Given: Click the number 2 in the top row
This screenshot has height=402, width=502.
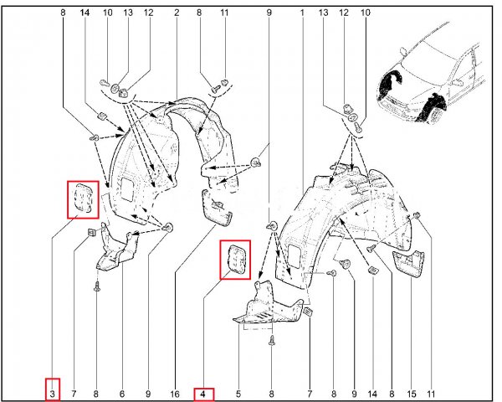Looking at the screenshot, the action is (177, 13).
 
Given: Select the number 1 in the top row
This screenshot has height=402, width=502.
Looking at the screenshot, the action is (302, 13).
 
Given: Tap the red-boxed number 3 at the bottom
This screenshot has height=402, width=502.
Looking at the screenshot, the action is (53, 394).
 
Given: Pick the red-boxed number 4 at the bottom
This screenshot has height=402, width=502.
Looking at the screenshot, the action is (203, 394).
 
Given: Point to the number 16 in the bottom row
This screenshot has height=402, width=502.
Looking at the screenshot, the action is (175, 394).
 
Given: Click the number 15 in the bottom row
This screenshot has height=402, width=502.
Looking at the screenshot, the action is (412, 394).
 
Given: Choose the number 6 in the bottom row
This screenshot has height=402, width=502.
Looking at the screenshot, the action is (121, 394).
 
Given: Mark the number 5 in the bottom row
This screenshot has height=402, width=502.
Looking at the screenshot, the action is (238, 394).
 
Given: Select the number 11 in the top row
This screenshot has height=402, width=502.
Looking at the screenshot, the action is (224, 13).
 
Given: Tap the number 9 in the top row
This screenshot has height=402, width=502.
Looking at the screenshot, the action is (269, 13).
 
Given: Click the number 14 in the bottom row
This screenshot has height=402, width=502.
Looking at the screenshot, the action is (372, 394).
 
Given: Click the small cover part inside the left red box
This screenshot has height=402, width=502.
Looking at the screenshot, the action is (83, 198).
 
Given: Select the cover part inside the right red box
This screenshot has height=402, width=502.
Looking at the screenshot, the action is (236, 259).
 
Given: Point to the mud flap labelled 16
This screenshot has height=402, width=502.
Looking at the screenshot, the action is (217, 208).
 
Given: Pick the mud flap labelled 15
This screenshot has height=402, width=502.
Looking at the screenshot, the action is (408, 264).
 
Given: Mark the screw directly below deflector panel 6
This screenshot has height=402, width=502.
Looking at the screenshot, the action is (97, 286).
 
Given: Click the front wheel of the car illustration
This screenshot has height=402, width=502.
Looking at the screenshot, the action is (434, 114).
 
